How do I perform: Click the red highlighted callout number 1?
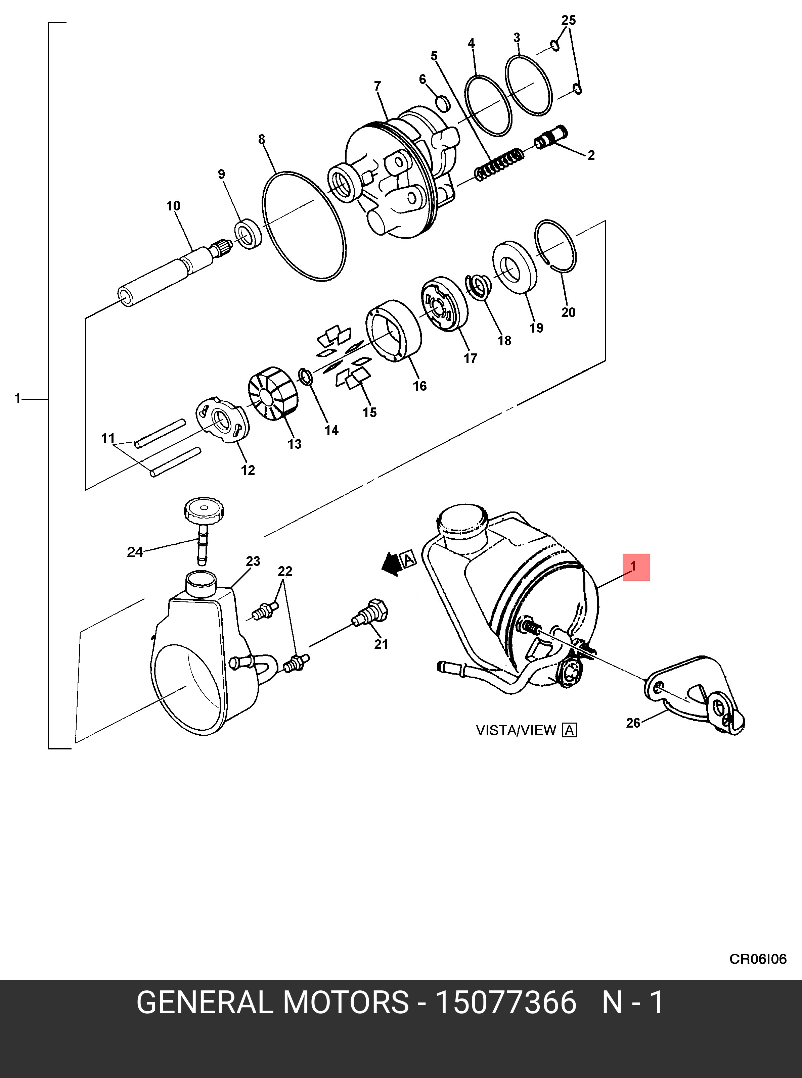coord(636,567)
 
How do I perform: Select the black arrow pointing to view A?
coord(391,564)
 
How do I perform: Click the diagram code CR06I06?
coord(758,959)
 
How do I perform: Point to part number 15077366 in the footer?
coord(505,1003)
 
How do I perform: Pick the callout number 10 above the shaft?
coord(173,206)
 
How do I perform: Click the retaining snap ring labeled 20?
coord(555,245)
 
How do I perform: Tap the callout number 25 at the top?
coord(569,20)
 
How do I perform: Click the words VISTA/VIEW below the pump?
coord(516,730)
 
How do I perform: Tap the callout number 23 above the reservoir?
coord(253,561)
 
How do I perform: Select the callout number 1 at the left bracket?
coord(17,399)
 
